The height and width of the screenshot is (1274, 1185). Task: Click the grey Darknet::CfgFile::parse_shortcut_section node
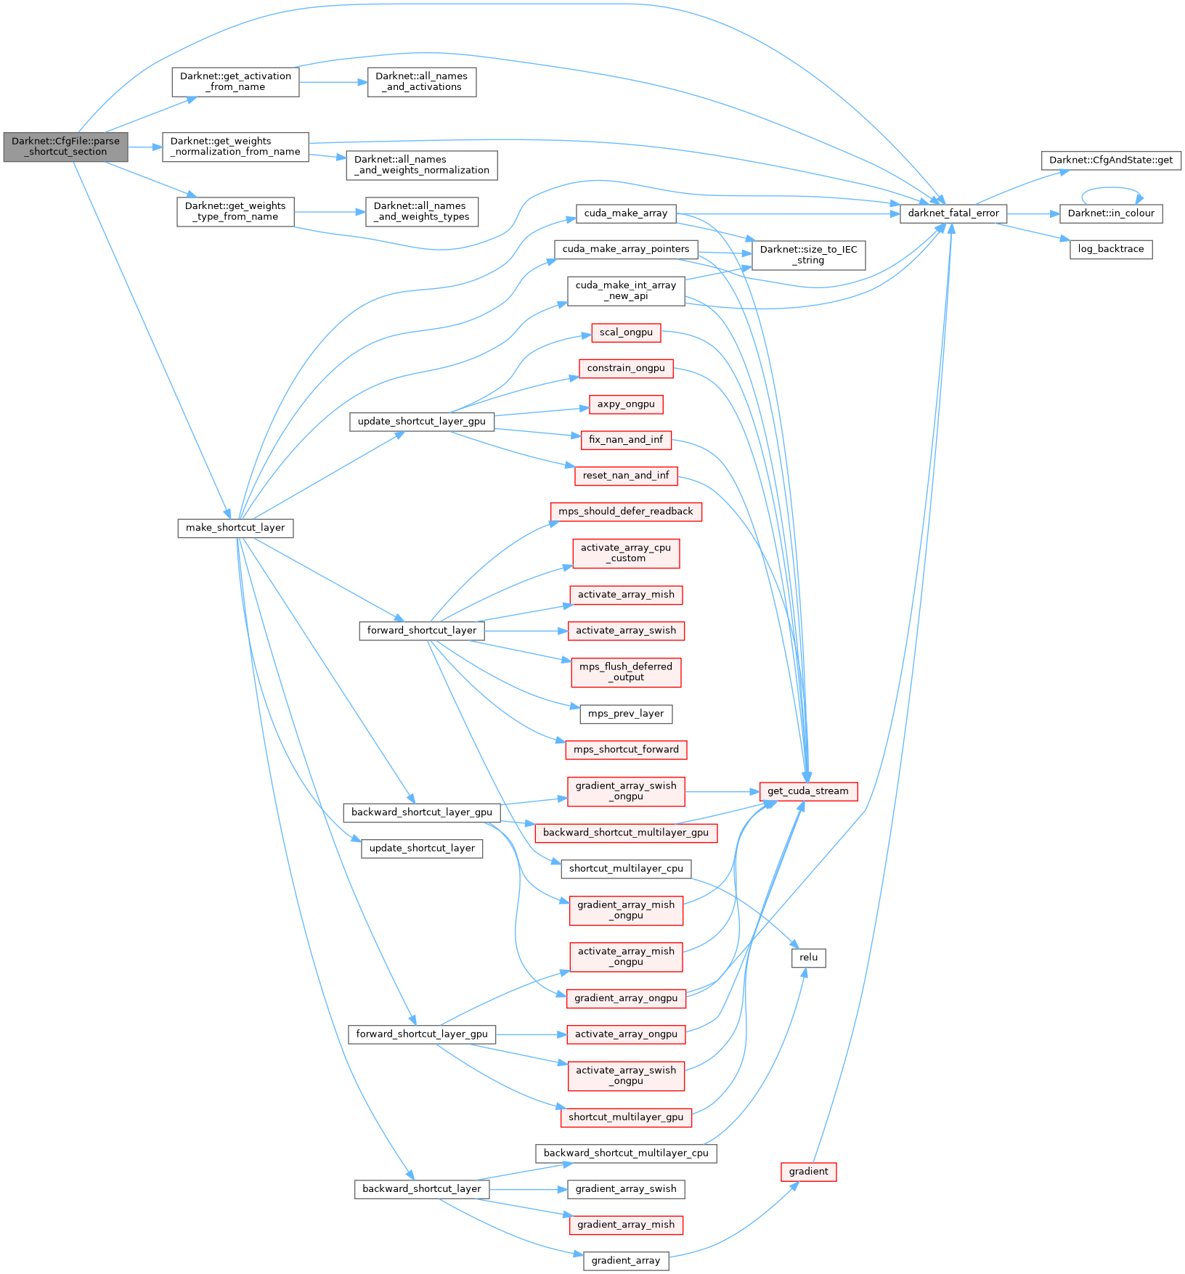65,147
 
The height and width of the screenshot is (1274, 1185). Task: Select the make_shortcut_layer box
235,528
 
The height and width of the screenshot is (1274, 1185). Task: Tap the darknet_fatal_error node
953,213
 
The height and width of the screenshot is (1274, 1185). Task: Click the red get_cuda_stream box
808,791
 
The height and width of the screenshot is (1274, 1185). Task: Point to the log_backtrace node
1110,249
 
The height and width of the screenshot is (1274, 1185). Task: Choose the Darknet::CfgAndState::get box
1110,160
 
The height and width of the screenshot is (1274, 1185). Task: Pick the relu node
808,957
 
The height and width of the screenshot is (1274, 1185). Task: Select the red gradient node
808,1172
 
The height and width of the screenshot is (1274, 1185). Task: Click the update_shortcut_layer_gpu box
421,421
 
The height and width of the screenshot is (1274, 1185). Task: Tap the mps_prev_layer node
626,714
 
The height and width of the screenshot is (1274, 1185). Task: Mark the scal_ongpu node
626,332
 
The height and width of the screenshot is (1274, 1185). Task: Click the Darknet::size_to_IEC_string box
808,255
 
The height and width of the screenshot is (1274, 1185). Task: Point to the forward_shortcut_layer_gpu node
422,1034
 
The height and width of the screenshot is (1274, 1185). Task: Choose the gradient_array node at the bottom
626,1261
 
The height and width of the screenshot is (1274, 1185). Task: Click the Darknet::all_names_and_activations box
421,81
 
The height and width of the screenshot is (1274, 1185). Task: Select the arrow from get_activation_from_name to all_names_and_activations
333,82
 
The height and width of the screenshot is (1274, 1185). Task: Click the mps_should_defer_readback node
626,512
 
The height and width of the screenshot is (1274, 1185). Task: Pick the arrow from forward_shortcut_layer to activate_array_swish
526,631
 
